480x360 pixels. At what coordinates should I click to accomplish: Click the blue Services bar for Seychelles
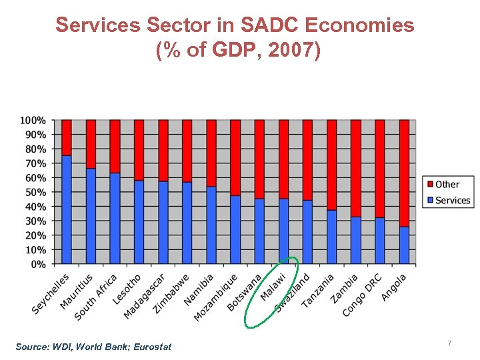[x=67, y=209]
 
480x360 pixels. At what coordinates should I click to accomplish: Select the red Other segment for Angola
[x=404, y=173]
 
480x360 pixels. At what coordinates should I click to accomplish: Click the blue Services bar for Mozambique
[x=235, y=229]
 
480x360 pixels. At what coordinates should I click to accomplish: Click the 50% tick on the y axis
[x=36, y=192]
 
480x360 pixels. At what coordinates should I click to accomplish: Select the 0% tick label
[x=39, y=264]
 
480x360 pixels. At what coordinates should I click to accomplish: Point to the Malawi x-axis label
[x=274, y=287]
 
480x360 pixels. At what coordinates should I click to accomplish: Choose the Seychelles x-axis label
[x=51, y=294]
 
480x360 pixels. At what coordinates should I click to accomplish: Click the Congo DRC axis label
[x=363, y=295]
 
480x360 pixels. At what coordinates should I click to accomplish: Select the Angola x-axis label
[x=394, y=287]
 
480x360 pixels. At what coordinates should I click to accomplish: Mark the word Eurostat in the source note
[x=150, y=347]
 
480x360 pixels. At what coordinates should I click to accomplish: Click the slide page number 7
[x=449, y=343]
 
